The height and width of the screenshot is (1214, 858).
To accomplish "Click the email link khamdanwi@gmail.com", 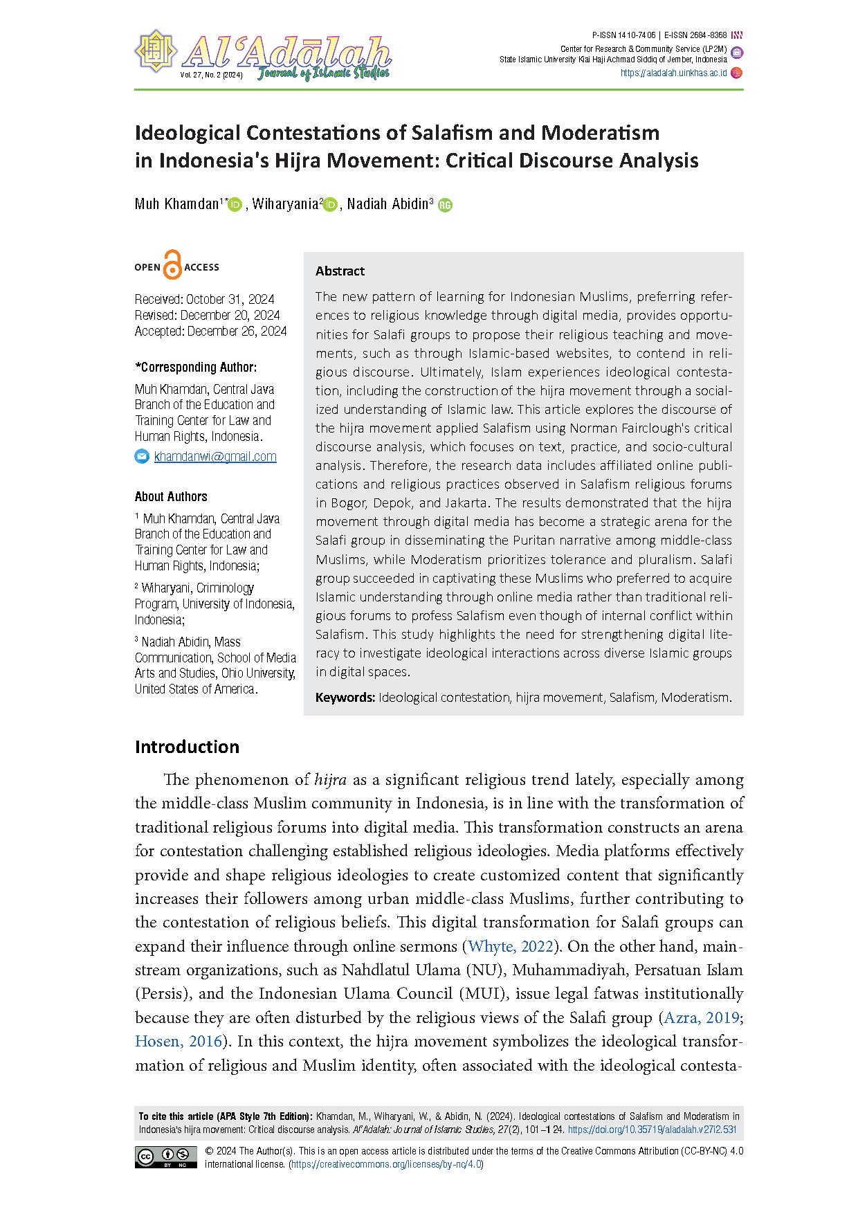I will (x=215, y=457).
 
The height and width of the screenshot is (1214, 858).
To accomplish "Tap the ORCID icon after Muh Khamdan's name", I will (x=235, y=204).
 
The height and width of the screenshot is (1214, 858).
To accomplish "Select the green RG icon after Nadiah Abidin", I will (x=445, y=205).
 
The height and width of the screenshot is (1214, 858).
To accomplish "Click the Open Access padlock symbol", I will (x=172, y=265).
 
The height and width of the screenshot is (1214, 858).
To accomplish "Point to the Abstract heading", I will (x=340, y=271).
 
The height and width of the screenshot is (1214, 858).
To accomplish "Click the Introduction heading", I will (x=187, y=747).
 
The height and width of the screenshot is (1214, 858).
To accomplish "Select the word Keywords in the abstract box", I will (x=345, y=698).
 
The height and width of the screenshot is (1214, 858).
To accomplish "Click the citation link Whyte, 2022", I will (x=511, y=946).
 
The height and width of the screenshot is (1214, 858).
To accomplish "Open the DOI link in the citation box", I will (x=652, y=1130).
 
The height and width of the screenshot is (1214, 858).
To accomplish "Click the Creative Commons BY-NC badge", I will (x=165, y=1157).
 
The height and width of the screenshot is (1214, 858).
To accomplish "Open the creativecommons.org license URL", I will (x=386, y=1164).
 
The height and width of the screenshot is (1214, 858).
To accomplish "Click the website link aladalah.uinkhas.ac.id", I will (x=673, y=73).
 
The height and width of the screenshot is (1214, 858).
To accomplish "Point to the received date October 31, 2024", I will (x=230, y=300).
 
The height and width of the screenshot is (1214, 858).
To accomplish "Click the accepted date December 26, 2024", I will (x=237, y=332).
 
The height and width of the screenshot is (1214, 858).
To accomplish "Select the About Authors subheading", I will (x=171, y=497).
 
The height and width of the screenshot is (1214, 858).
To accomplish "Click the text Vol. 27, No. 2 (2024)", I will (x=211, y=75).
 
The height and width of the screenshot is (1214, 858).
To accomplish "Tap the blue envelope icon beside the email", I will (x=142, y=456).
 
